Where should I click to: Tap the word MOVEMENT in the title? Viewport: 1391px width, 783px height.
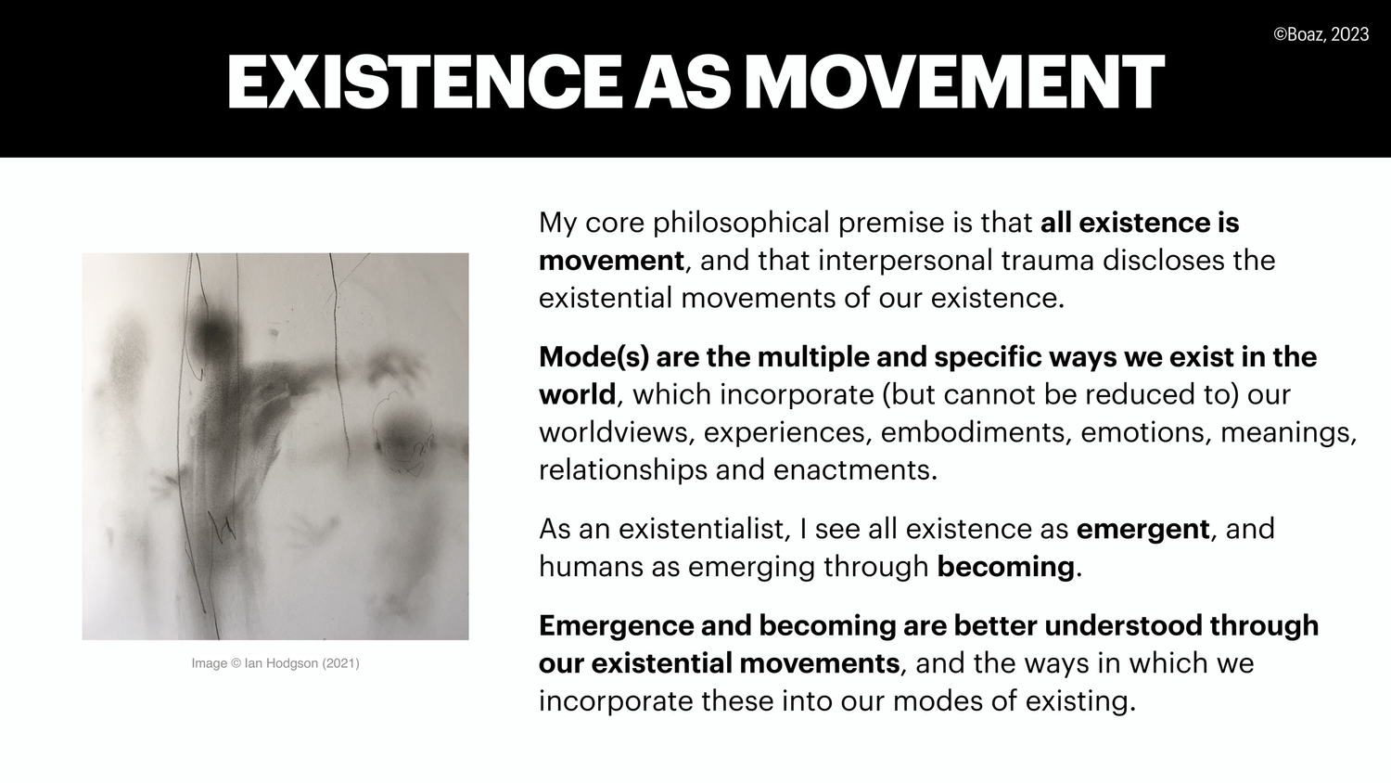click(954, 82)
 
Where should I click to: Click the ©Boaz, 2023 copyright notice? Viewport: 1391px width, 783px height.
click(1321, 34)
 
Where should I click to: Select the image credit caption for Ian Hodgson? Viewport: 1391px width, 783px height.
click(275, 663)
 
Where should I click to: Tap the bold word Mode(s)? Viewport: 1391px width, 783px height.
click(593, 357)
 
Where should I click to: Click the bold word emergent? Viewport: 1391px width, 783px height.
click(1142, 529)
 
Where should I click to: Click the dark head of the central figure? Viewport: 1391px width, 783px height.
click(213, 327)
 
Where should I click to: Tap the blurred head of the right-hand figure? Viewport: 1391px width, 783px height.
click(404, 436)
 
